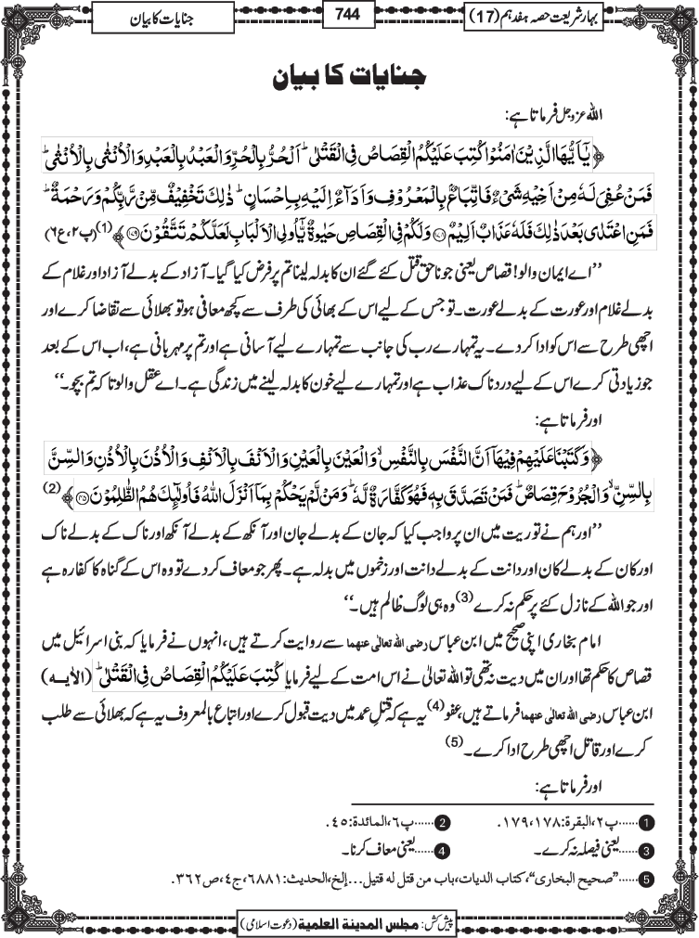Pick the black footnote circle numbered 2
[x=444, y=822]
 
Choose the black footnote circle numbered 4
[x=444, y=848]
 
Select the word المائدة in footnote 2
[x=370, y=823]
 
